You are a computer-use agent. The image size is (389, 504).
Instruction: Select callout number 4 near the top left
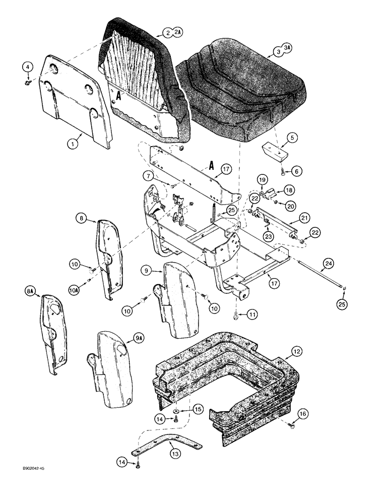(28, 67)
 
